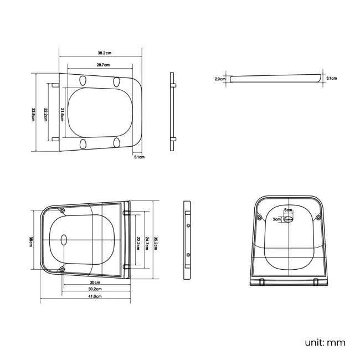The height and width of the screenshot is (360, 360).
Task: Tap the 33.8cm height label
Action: click(33, 115)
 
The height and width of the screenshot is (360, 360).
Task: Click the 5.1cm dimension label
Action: click(139, 157)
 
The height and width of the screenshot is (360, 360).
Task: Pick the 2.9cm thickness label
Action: click(220, 79)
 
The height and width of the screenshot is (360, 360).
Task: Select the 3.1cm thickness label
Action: click(331, 78)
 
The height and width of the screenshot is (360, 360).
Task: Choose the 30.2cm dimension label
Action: click(95, 289)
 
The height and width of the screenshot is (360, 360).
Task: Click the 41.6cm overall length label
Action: click(95, 296)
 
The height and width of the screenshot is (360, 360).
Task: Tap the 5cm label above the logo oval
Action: click(288, 210)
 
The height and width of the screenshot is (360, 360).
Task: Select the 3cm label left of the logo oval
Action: click(276, 219)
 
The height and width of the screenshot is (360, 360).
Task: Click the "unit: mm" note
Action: click(325, 342)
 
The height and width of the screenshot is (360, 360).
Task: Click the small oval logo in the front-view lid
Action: click(289, 219)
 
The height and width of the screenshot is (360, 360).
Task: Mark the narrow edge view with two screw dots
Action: click(188, 240)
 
